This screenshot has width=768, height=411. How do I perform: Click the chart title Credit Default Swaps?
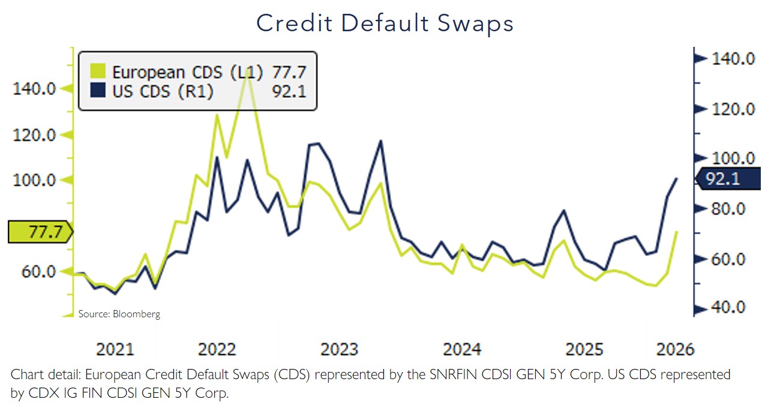coord(385,23)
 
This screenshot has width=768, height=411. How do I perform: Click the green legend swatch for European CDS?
coord(97,72)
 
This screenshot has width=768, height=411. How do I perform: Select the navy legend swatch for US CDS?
coord(97,91)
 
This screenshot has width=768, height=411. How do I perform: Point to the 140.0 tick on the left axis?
coord(34,89)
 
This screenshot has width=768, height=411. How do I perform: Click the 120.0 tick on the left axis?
coord(34,135)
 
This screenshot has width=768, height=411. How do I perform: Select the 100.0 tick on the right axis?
coord(732,159)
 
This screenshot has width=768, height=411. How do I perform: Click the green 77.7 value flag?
coord(40,232)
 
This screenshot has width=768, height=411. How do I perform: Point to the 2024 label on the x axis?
coord(462,349)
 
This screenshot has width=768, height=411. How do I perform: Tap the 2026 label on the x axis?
coord(675,349)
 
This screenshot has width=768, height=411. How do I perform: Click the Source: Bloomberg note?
coord(119,314)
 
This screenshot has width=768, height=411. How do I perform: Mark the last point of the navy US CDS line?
coord(677,178)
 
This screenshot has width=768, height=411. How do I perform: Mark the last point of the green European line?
coord(677,231)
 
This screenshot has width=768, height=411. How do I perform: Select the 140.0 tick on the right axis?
coord(732,59)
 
